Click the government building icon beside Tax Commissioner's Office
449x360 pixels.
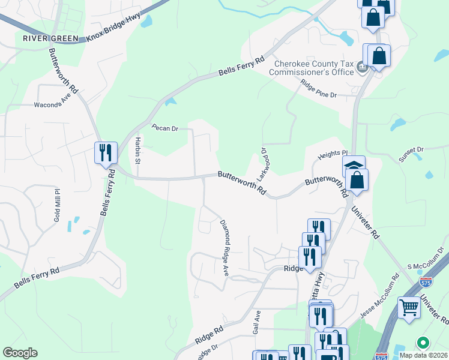pos(363,67)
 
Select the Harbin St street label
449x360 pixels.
pos(137,151)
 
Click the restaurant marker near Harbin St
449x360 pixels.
pos(105,152)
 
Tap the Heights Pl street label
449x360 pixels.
pos(333,154)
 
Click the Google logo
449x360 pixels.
pos(20,353)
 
